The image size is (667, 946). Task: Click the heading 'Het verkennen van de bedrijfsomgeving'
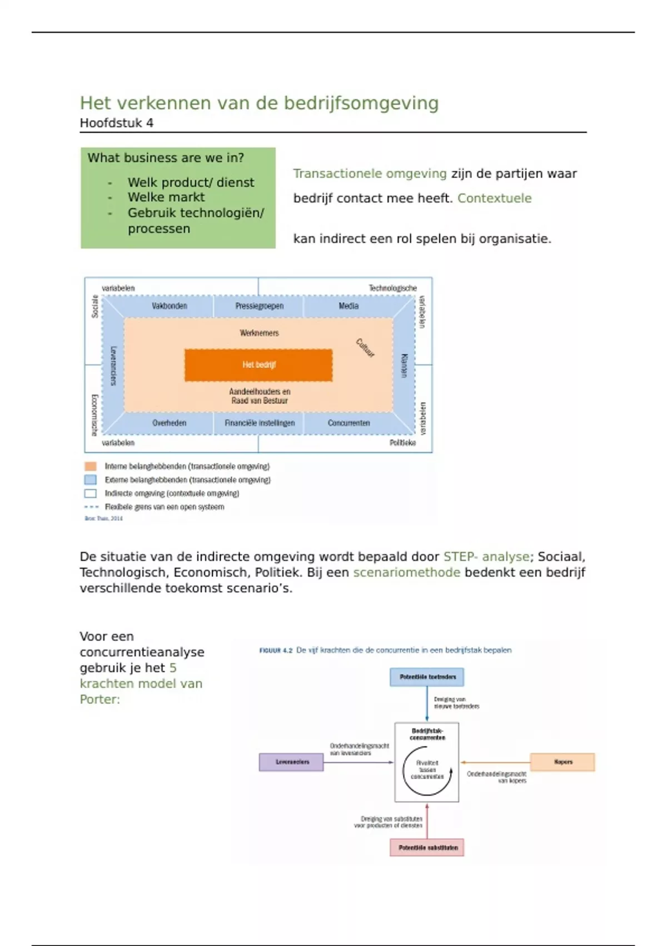[x=259, y=103]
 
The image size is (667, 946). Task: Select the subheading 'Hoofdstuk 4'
[x=116, y=123]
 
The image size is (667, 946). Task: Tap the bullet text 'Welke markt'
[x=166, y=197]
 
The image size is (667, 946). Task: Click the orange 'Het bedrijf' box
[x=258, y=365]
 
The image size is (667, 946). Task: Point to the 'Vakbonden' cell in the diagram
[x=169, y=306]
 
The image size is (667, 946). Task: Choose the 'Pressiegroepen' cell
[x=259, y=306]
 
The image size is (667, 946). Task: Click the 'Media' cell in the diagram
[x=349, y=306]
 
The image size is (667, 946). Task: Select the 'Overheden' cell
[x=169, y=423]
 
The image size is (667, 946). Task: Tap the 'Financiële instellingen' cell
[x=259, y=423]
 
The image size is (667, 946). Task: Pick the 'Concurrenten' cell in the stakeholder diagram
[x=349, y=423]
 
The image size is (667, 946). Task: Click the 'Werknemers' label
[x=259, y=333]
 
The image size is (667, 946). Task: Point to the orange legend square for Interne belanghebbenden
[x=90, y=466]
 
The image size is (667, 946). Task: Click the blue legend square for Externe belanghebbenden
[x=90, y=480]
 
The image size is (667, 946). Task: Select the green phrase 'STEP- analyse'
[x=486, y=556]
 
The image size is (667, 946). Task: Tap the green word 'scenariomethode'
[x=406, y=572]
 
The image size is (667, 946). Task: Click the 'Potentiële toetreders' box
[x=427, y=677]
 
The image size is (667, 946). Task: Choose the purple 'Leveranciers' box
[x=291, y=762]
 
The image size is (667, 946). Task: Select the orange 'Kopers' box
[x=563, y=762]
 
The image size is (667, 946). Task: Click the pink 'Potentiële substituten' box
[x=427, y=848]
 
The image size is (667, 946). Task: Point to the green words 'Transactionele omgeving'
[x=370, y=174]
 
